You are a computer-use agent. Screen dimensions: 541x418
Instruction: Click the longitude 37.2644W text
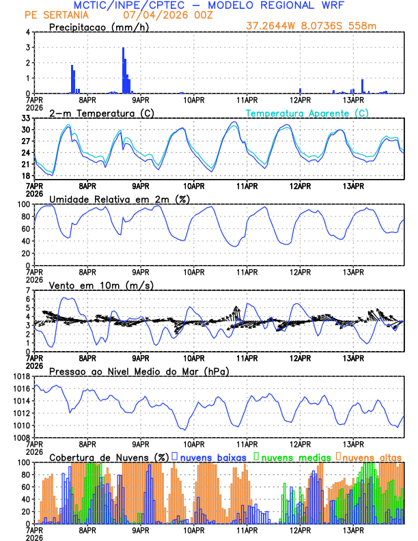(x=273, y=26)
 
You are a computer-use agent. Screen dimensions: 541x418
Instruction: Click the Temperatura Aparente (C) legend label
(x=307, y=113)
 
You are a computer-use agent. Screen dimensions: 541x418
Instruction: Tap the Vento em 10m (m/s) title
(x=101, y=285)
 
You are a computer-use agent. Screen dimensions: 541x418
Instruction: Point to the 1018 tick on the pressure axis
(x=22, y=376)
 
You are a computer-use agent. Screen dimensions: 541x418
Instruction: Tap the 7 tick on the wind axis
(x=28, y=290)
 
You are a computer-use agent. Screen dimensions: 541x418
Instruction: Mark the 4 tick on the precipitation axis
(x=28, y=32)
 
